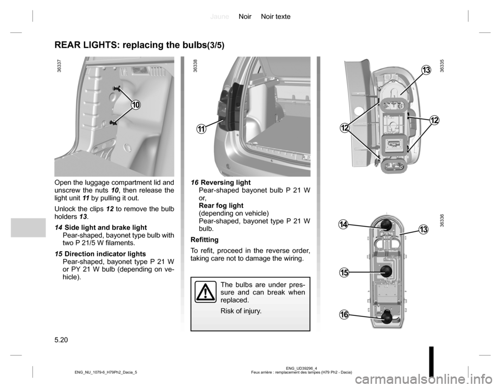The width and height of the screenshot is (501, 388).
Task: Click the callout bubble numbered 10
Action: pyautogui.click(x=136, y=104)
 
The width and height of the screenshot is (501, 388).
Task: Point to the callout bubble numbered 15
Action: pyautogui.click(x=344, y=273)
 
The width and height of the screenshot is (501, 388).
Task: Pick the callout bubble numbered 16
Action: pyautogui.click(x=344, y=314)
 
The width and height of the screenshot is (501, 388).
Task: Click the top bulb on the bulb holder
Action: pyautogui.click(x=386, y=225)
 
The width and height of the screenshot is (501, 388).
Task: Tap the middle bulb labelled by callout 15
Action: pyautogui.click(x=386, y=271)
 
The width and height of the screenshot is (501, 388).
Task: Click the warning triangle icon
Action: pyautogui.click(x=206, y=292)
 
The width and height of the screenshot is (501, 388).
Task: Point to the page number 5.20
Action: pyautogui.click(x=62, y=340)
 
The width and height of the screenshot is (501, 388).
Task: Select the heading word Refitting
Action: pyautogui.click(x=205, y=240)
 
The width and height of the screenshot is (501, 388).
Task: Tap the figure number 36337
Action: pyautogui.click(x=59, y=67)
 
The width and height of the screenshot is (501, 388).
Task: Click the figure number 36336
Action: pyautogui.click(x=442, y=221)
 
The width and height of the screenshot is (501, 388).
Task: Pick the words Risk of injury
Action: pyautogui.click(x=241, y=311)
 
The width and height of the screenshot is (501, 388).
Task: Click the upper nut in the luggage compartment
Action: pyautogui.click(x=116, y=88)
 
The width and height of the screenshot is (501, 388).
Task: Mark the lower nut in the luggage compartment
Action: pyautogui.click(x=113, y=122)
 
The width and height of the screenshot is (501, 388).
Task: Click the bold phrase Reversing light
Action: pyautogui.click(x=225, y=182)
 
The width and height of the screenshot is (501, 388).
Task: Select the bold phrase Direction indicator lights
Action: pyautogui.click(x=105, y=254)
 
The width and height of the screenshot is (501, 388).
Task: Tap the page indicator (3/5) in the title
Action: pyautogui.click(x=215, y=45)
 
